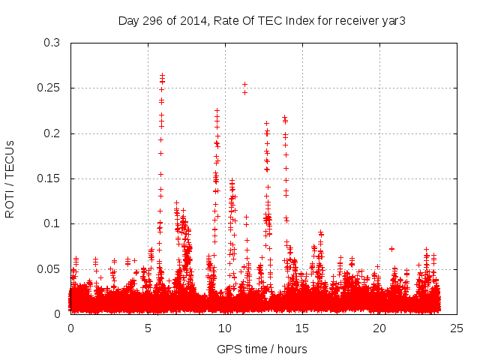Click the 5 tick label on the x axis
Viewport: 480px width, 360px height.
pos(148,328)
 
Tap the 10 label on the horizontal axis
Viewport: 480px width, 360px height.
pos(225,328)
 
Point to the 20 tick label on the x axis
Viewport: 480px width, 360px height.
pos(379,328)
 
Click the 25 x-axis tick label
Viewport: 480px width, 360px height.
pos(457,328)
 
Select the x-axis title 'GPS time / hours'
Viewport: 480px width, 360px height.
pos(262,349)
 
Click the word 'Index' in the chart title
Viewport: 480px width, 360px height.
pos(295,20)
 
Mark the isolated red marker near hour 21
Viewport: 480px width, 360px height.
pos(391,248)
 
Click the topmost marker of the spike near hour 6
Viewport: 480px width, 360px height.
pos(162,75)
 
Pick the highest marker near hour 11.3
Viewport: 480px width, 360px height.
pos(244,85)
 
